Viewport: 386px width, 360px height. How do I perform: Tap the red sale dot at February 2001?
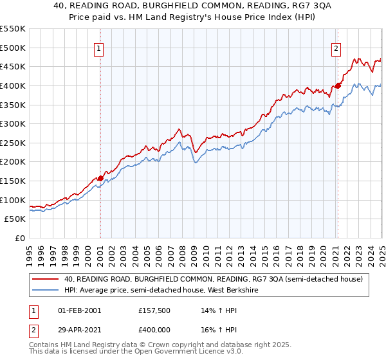[100, 178]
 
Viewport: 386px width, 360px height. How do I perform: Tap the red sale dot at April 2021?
[338, 85]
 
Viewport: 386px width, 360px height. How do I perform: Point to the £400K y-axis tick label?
[14, 85]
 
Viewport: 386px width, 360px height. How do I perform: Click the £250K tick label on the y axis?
[14, 143]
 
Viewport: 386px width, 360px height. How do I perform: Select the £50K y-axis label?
[16, 219]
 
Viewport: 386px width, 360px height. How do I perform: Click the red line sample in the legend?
[46, 279]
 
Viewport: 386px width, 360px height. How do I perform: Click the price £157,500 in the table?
[153, 310]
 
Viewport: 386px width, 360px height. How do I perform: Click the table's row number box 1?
[33, 310]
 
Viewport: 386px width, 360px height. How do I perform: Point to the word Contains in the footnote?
[44, 345]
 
